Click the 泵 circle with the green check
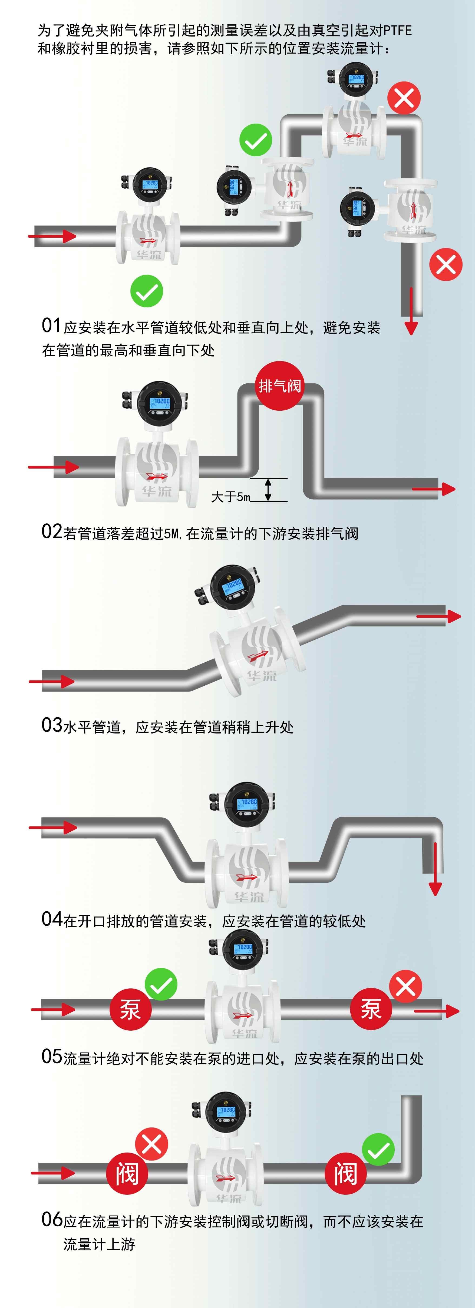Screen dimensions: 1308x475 [x=131, y=1009]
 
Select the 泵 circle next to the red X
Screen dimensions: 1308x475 [x=371, y=1009]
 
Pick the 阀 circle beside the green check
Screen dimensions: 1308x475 [x=345, y=1173]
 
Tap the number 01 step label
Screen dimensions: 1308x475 [x=51, y=326]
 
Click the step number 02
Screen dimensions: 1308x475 [x=51, y=532]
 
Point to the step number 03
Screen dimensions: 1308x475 [x=51, y=725]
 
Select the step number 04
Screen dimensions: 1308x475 [x=51, y=918]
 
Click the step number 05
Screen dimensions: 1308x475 [x=51, y=1057]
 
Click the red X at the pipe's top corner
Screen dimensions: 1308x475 [x=404, y=98]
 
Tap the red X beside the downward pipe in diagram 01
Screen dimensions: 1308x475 [x=446, y=264]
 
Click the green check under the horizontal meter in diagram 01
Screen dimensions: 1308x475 [x=146, y=291]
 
